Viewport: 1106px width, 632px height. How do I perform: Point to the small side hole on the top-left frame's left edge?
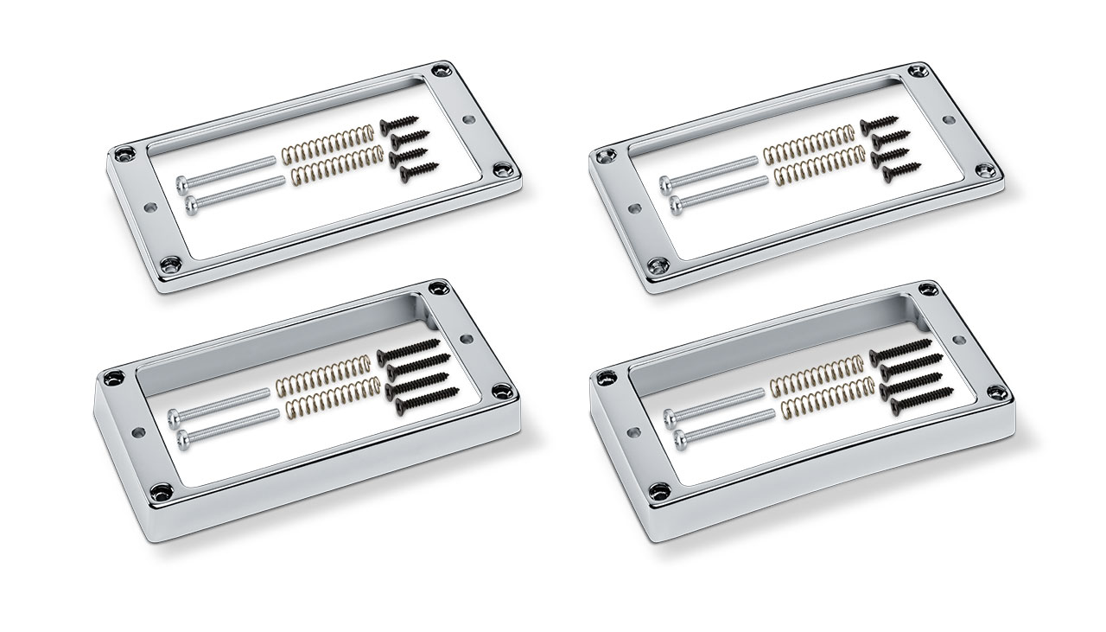152,207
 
